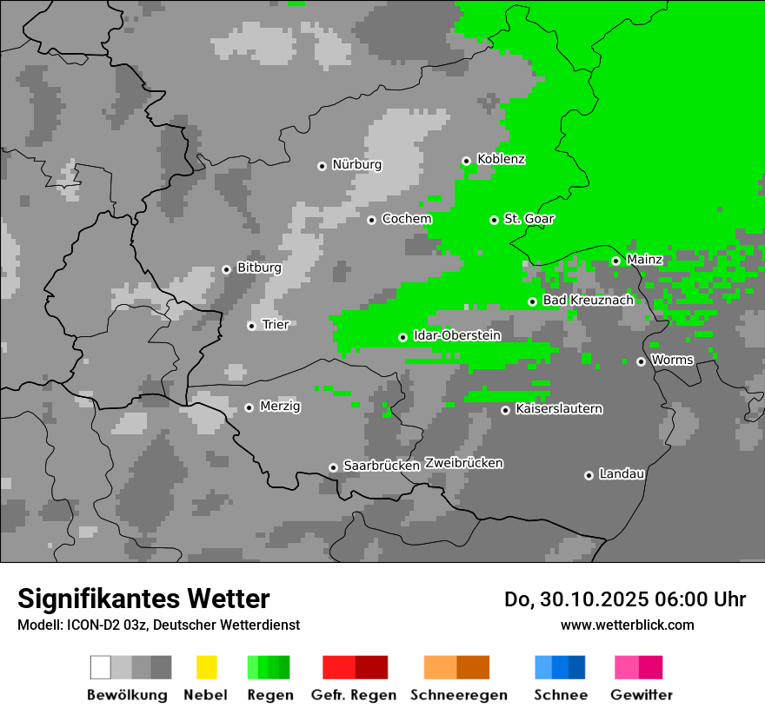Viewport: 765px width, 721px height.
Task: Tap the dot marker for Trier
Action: (x=251, y=326)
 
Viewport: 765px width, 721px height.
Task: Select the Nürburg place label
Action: (x=356, y=165)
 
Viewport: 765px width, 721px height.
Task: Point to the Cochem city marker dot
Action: (x=371, y=220)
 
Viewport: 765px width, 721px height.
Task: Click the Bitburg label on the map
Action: (x=259, y=268)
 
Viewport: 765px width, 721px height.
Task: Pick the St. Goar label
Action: (x=529, y=219)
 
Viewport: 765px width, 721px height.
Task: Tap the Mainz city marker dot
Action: (x=615, y=261)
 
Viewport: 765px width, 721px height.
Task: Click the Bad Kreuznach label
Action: (x=588, y=301)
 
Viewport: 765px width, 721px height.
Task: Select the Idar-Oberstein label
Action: (x=456, y=336)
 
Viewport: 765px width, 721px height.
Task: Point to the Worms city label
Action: (x=672, y=360)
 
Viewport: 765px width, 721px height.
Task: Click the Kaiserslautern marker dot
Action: (x=505, y=410)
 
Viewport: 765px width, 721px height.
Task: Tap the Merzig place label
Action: (x=280, y=407)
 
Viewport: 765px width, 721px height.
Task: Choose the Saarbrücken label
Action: (x=381, y=466)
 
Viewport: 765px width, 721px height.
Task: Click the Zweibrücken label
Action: (x=463, y=464)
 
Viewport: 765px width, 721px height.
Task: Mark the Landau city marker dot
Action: (x=589, y=475)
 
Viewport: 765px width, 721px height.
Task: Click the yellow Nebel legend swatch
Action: (x=206, y=667)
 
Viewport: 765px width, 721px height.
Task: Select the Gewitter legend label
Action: (x=641, y=695)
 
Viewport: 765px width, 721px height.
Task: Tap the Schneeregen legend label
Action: (x=458, y=695)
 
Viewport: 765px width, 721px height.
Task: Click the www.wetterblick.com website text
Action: (x=627, y=625)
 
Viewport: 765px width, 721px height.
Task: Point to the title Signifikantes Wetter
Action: (x=143, y=599)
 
